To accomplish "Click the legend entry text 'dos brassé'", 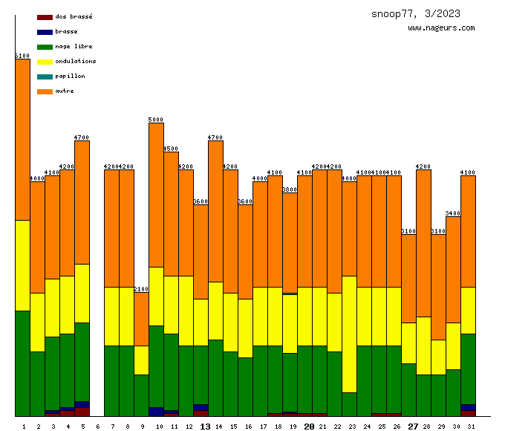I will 74,16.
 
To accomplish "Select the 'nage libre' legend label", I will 74,46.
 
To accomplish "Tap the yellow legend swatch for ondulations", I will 45,62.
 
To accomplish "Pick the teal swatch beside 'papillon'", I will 45,77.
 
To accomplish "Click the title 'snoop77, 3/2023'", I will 415,13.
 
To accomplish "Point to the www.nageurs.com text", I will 441,28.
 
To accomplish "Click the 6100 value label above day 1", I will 22,56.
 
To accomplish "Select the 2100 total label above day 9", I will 141,289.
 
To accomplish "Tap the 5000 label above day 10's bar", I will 156,120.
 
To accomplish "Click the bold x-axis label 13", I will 206,427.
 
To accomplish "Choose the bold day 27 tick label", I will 413,427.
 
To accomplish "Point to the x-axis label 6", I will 98,427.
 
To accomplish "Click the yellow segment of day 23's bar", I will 349,334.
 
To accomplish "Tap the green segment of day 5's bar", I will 82,362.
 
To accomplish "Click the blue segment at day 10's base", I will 156,412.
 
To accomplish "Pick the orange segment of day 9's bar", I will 141,319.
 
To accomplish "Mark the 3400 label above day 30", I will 453,213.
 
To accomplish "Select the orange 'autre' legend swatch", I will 45,91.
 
